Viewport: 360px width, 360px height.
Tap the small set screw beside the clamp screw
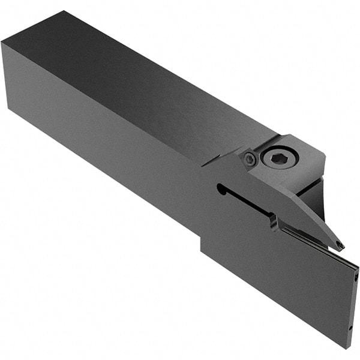(x=250, y=159)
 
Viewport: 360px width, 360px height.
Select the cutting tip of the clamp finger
(x=340, y=245)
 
